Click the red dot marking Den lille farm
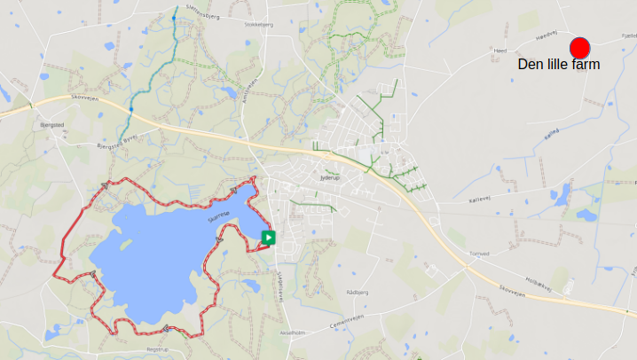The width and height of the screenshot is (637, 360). click(579, 48)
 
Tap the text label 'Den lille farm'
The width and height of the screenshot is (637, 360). click(559, 65)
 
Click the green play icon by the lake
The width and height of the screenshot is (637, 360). click(268, 237)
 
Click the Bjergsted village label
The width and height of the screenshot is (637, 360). click(52, 125)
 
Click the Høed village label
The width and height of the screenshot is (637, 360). click(499, 51)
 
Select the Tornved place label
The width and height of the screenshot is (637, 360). click(479, 254)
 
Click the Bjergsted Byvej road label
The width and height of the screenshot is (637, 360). click(116, 143)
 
